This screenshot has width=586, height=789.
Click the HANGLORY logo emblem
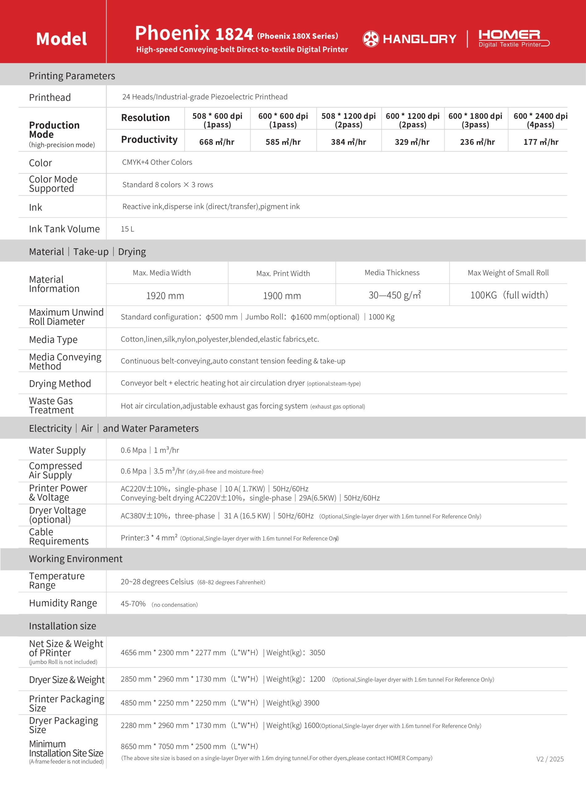click(x=371, y=39)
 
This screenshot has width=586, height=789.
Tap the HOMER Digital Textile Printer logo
click(x=513, y=39)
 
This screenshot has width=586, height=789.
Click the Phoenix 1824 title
click(x=194, y=33)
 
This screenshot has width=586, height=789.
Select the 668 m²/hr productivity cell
click(x=217, y=142)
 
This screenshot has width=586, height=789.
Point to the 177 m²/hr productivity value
click(x=541, y=142)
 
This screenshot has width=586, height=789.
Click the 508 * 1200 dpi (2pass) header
click(x=348, y=120)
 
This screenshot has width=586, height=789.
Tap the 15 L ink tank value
click(x=127, y=229)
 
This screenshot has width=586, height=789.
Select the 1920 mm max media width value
click(x=165, y=296)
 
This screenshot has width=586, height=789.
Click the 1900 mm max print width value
click(x=282, y=296)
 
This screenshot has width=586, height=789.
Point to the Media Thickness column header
click(x=392, y=272)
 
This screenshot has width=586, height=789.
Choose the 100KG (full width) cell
click(x=509, y=295)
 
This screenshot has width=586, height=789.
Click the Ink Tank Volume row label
click(x=64, y=229)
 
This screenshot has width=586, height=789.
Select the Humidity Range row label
click(x=63, y=603)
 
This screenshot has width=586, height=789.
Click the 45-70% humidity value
click(x=133, y=604)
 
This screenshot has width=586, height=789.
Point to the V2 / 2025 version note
click(x=550, y=759)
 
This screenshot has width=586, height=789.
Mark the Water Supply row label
click(x=57, y=450)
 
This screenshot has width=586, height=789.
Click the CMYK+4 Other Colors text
click(x=157, y=162)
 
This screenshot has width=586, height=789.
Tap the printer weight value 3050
click(x=317, y=652)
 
